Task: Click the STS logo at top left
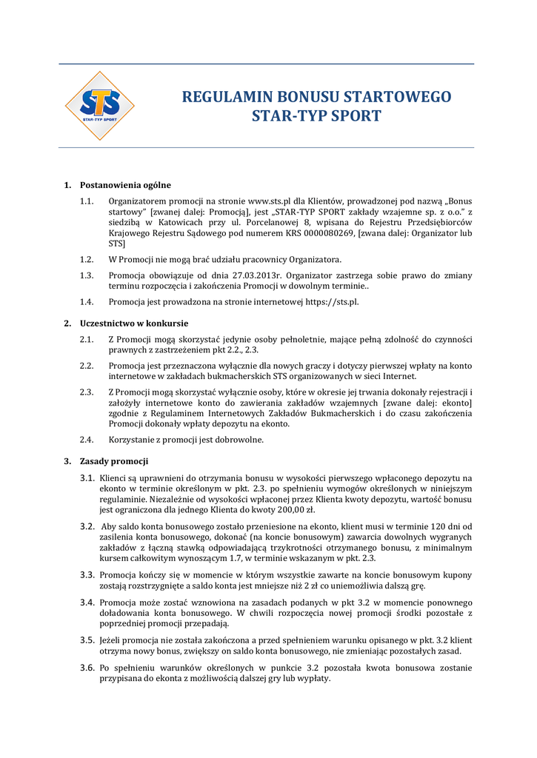99,105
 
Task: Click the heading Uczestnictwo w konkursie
134,323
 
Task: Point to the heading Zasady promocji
114,461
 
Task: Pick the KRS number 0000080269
327,232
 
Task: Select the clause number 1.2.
87,259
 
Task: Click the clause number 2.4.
87,440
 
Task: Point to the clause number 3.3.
87,574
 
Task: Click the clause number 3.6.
87,668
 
